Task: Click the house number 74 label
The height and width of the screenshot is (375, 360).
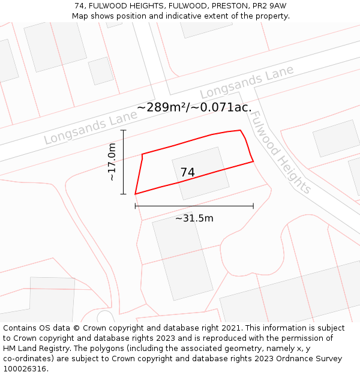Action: [187, 172]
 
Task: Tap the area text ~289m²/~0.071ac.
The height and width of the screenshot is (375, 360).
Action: [194, 107]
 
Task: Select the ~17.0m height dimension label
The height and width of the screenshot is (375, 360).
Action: [112, 162]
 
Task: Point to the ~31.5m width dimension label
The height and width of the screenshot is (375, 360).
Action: [194, 218]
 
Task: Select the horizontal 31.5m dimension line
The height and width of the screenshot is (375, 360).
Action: [194, 206]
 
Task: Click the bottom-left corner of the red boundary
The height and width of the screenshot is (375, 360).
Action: [135, 194]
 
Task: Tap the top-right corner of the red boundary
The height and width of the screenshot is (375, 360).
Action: [241, 130]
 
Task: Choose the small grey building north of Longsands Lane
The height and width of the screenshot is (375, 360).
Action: [101, 71]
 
